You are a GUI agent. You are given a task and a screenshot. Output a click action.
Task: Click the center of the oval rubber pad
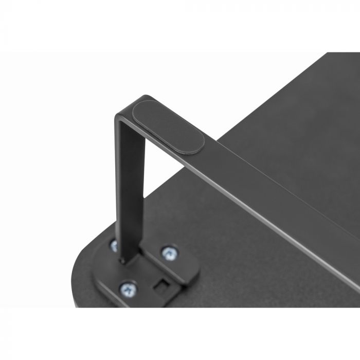point(169,127)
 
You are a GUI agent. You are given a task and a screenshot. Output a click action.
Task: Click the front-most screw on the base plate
point(127,289)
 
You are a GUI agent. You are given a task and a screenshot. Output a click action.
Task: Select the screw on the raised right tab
point(169,252)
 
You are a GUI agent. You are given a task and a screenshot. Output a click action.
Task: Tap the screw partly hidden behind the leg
point(114,246)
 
